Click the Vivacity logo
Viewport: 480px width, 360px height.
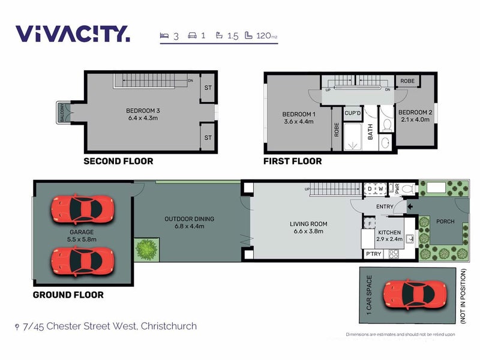[x=72, y=34]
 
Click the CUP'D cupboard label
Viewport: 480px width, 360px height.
[x=352, y=113]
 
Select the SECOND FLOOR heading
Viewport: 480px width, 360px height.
[x=118, y=161]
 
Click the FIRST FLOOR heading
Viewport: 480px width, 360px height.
[x=293, y=161]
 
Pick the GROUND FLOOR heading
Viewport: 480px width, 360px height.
[x=68, y=295]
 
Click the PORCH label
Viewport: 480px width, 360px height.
[x=445, y=221]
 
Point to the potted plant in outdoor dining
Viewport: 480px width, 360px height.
[x=147, y=248]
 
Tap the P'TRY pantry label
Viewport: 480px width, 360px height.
[x=373, y=254]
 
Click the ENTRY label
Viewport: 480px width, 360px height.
[x=385, y=207]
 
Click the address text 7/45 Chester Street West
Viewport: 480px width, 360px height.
[x=109, y=326]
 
